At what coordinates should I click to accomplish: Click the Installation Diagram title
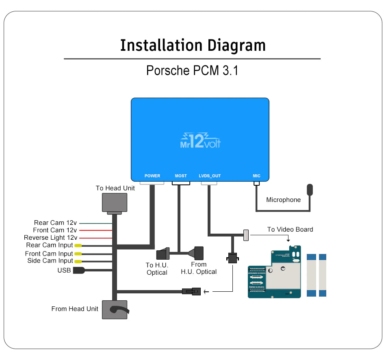click(193, 45)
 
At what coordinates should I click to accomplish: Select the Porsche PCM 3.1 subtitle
click(192, 70)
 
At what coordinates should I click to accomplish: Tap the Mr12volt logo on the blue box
click(200, 141)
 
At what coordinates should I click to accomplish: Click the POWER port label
click(152, 176)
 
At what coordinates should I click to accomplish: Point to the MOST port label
click(181, 176)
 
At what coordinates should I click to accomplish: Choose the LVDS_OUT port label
click(210, 176)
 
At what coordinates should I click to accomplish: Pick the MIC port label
click(256, 176)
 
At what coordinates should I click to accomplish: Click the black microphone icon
click(310, 190)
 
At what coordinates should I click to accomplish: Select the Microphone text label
click(283, 200)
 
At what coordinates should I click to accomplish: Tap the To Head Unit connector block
click(114, 203)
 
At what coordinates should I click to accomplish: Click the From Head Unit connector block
click(114, 310)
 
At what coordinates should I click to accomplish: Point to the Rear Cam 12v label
click(55, 223)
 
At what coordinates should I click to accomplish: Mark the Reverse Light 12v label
click(50, 238)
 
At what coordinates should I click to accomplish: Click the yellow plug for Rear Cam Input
click(78, 245)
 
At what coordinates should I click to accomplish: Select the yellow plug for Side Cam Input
click(78, 261)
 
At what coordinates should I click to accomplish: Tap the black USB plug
click(78, 271)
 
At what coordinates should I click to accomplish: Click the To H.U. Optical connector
click(164, 254)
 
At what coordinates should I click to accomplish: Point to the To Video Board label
click(290, 230)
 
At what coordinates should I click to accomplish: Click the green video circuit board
click(274, 272)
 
